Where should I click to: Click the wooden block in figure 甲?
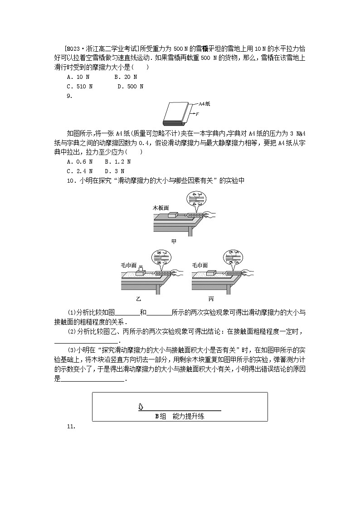click(x=173, y=214)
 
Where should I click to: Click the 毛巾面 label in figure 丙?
click(x=199, y=265)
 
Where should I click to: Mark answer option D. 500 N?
click(x=130, y=86)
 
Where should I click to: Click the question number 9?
click(x=69, y=96)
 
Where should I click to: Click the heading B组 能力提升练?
click(x=180, y=416)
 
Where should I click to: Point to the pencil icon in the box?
click(x=141, y=407)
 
